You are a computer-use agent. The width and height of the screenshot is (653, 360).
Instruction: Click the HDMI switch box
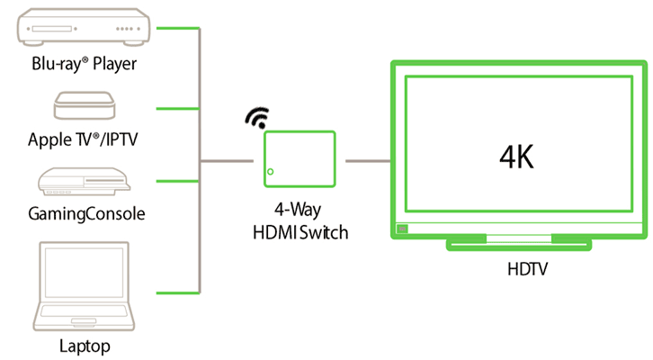point(299,161)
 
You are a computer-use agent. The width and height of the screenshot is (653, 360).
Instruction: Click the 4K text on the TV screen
point(517,157)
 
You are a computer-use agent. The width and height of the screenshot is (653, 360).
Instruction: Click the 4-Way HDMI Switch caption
point(300,223)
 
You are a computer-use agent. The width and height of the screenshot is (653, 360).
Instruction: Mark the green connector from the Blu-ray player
point(176,28)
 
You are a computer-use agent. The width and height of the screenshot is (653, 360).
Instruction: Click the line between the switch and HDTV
point(368,162)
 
